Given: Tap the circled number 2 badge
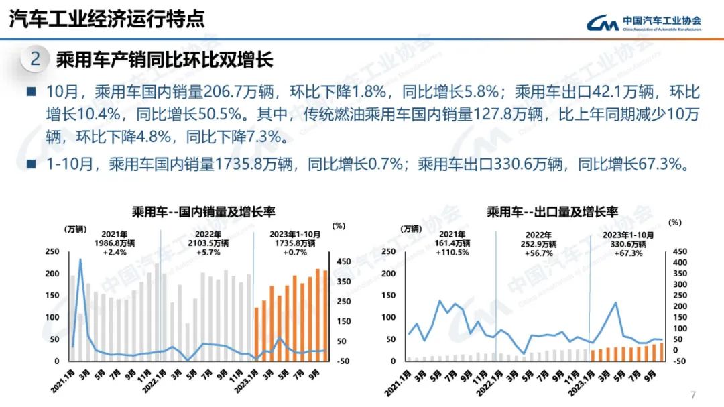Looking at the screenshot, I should point(36,59).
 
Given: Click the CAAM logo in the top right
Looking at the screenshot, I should point(644,23).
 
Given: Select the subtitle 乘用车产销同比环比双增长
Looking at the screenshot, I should point(164,59).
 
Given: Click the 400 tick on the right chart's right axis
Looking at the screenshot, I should point(679,263).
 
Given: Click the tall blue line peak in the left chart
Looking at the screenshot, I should point(81,259).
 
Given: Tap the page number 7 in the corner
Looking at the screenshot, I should point(693,394).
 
